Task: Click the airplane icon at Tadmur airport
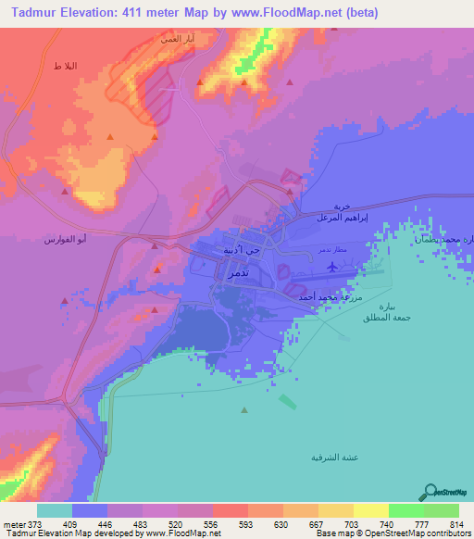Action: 332,268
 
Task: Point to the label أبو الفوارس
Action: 66,241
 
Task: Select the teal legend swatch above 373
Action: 55,509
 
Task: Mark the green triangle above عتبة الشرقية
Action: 244,410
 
